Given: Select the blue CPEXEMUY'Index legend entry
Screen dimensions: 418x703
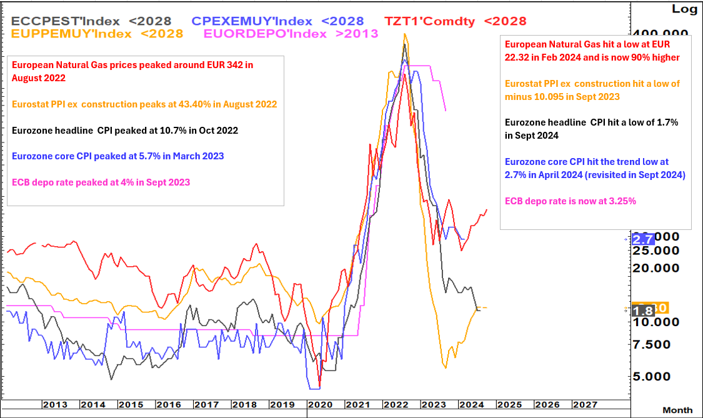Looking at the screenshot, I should click(277, 21).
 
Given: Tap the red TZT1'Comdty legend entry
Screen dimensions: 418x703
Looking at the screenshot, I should click(455, 21).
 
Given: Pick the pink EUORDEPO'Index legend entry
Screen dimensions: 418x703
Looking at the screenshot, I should click(291, 34).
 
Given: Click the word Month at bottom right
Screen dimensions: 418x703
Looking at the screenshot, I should click(677, 410).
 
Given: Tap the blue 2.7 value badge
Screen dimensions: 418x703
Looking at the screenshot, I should click(643, 239).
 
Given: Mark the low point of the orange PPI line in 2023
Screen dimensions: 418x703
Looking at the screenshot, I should click(445, 367).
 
